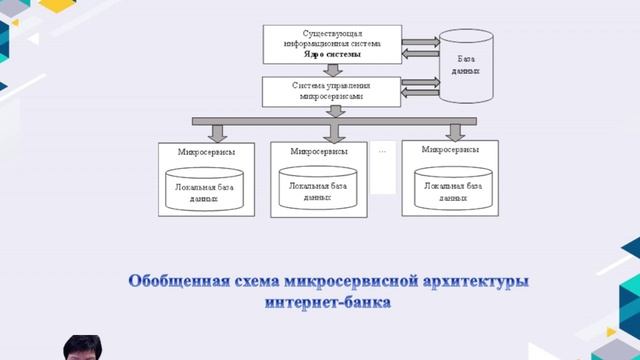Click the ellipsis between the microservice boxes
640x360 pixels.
(383, 150)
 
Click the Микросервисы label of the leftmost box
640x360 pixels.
(193, 153)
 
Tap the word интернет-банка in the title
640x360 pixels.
(328, 301)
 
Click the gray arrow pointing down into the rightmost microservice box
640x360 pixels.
(455, 131)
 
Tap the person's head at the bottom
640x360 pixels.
(82, 347)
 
